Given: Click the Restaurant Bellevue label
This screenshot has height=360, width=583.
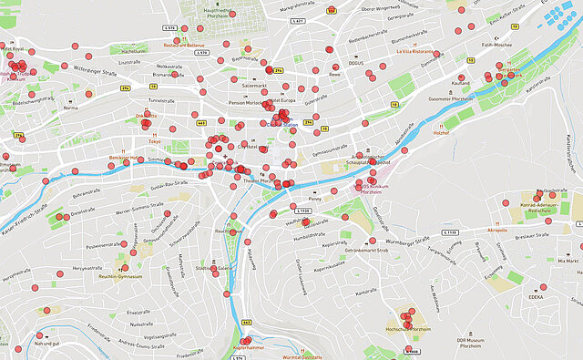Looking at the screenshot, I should click(184, 44).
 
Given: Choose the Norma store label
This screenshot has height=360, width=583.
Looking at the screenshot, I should click(71, 107).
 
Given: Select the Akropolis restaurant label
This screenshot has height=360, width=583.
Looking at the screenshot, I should click(497, 231).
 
